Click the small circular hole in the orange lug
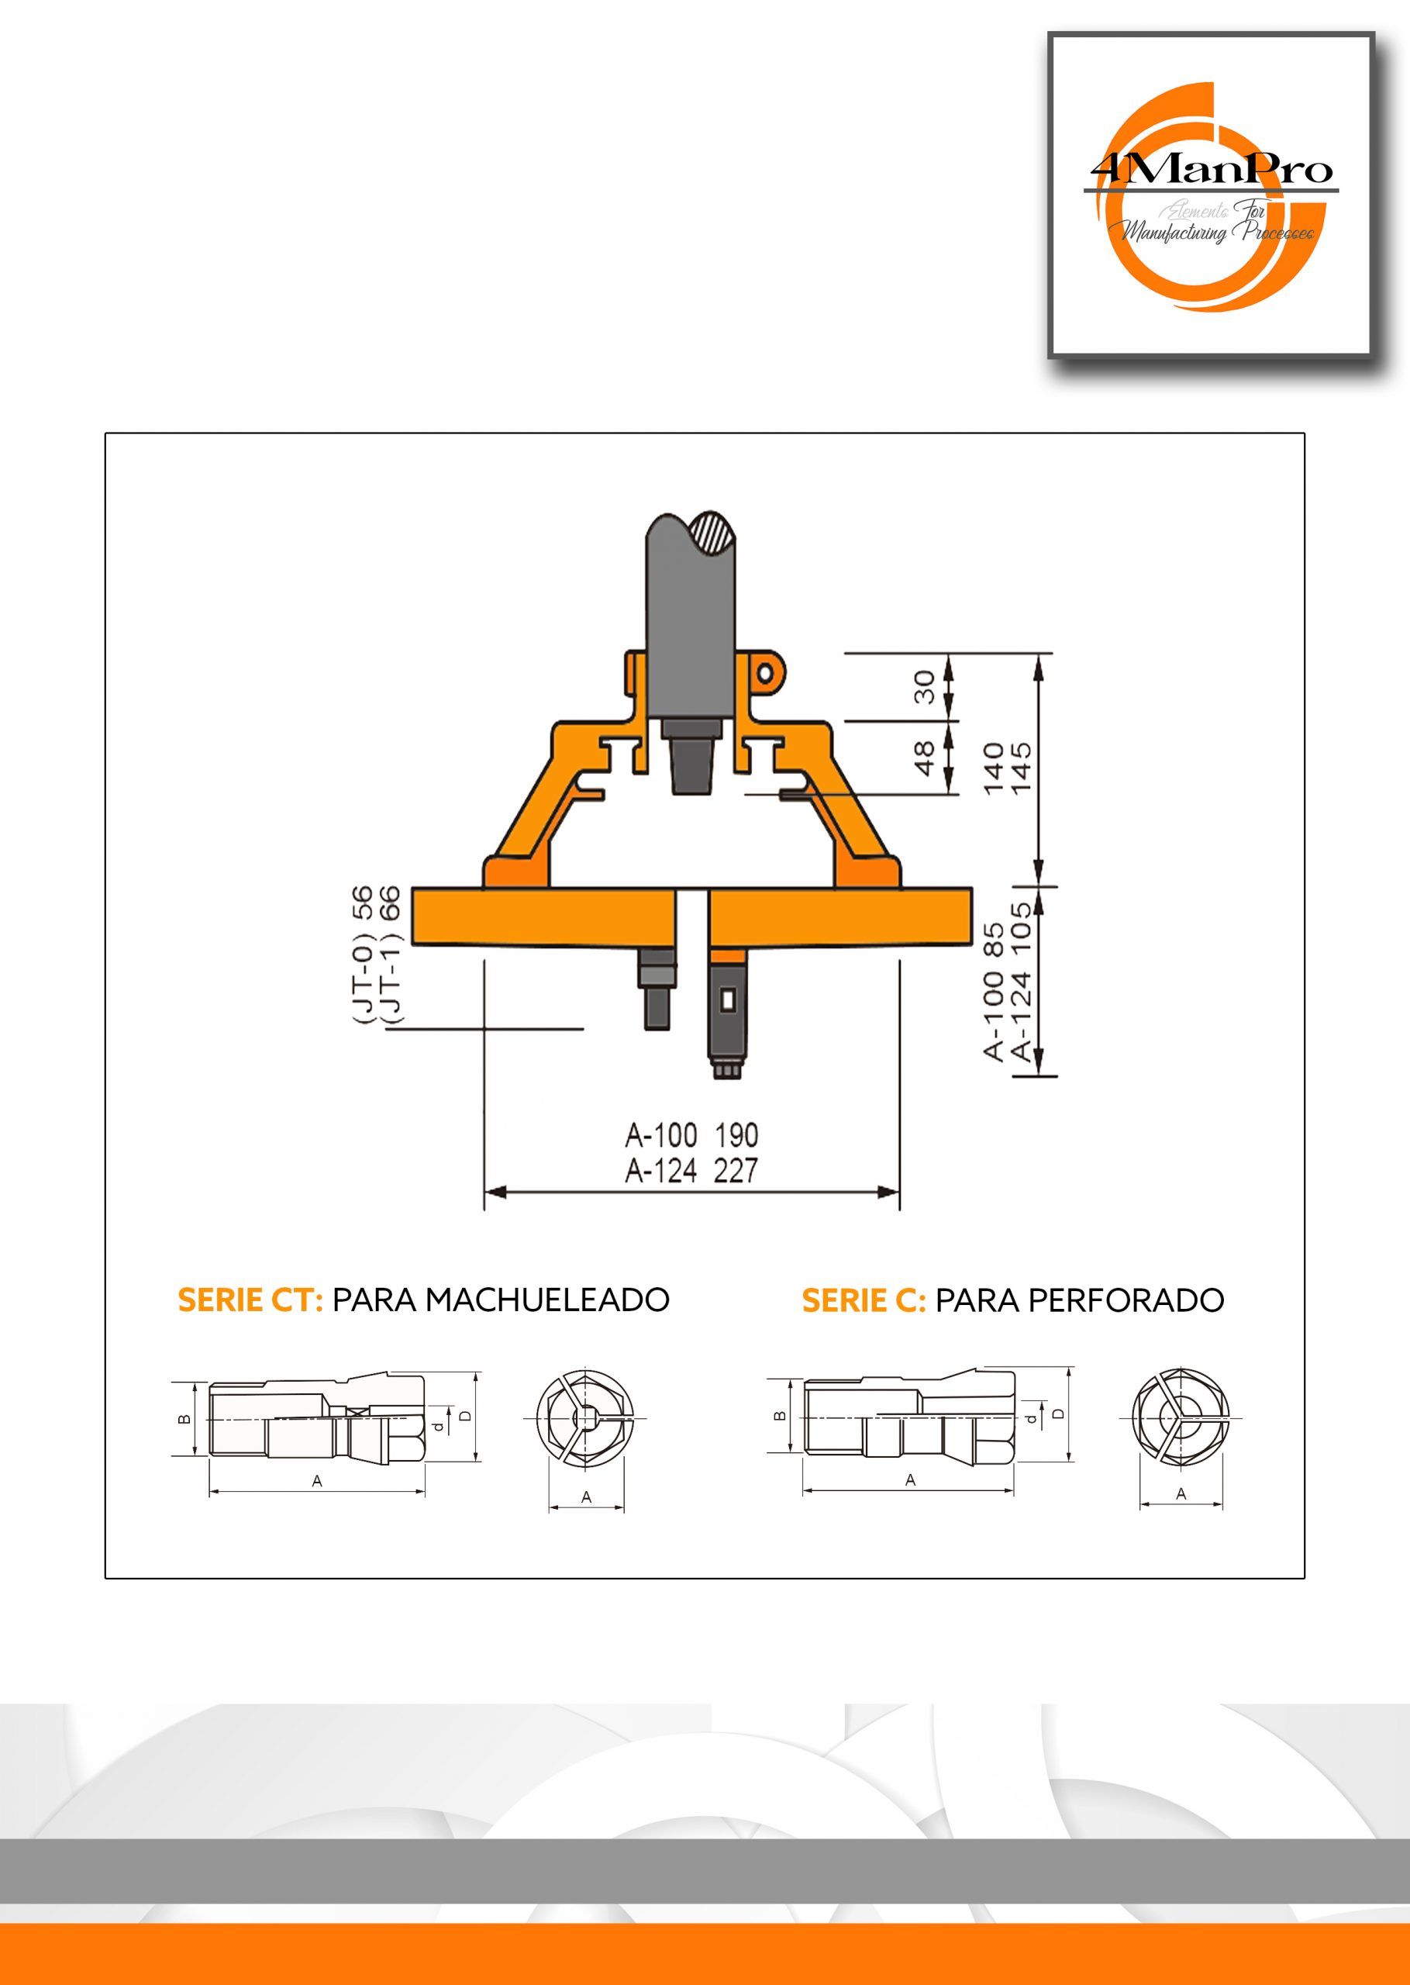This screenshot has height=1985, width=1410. (x=765, y=675)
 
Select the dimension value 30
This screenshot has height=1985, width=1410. (x=925, y=686)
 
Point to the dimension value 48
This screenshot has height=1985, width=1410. (x=925, y=758)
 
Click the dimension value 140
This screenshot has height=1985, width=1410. (x=993, y=768)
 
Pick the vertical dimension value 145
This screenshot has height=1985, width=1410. (x=1022, y=768)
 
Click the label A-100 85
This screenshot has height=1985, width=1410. (x=993, y=992)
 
